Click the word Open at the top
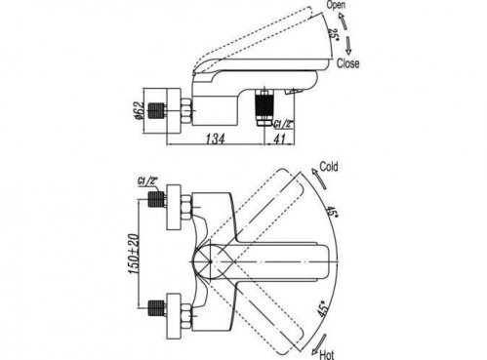coord(336,5)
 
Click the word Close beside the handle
coord(348,63)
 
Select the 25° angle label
coord(333,34)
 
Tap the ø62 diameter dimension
coord(139,110)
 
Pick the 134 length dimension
coord(215,139)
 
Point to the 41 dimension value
coord(279,140)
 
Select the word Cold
coord(329,167)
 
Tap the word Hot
coord(327,354)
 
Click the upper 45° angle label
coord(332,213)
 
